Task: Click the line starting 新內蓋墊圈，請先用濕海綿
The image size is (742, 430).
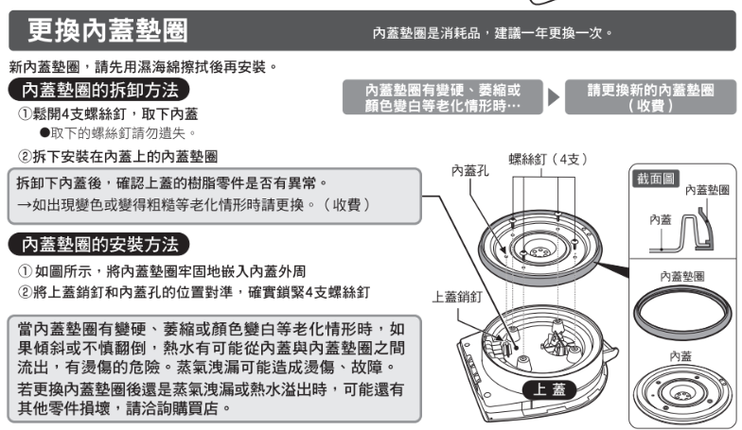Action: point(143,68)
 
